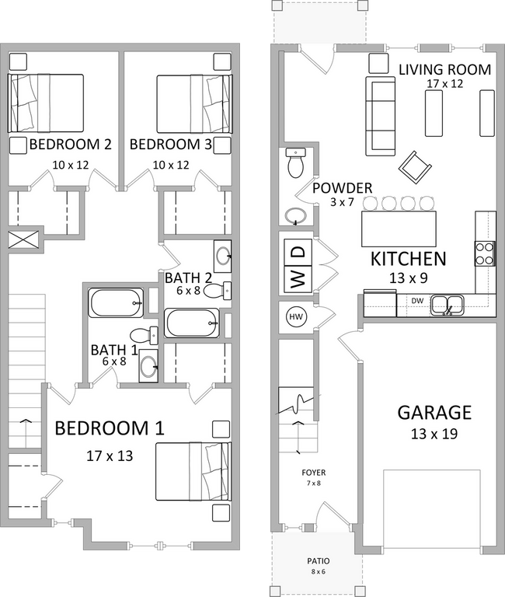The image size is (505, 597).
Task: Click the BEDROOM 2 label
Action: tap(70, 145)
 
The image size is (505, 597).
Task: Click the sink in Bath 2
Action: tap(222, 255)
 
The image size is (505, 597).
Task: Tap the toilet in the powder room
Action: tap(296, 163)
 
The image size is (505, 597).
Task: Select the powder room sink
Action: tap(294, 215)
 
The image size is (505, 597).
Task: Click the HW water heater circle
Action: tap(296, 316)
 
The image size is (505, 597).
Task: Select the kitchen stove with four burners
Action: tap(485, 253)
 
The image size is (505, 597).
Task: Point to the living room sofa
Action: tap(380, 114)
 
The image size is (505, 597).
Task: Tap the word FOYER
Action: tap(314, 472)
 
